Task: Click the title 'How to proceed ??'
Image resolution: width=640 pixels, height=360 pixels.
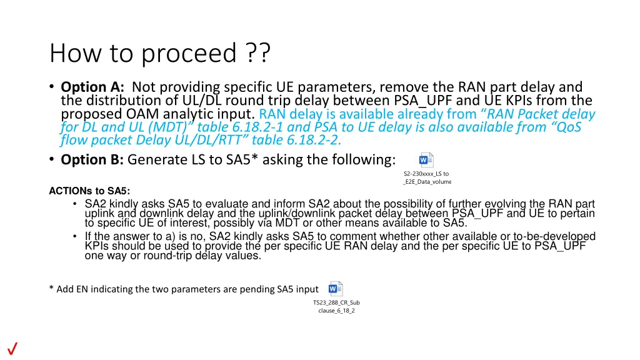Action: pos(160,54)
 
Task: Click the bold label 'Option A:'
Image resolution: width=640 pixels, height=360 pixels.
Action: pos(93,87)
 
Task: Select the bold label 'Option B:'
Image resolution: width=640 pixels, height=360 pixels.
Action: pos(92,160)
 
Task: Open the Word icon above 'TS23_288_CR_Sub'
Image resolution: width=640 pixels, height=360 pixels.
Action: pos(336,289)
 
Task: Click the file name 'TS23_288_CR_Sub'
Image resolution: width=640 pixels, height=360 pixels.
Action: pos(336,302)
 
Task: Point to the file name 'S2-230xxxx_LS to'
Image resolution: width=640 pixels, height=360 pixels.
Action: pos(426,173)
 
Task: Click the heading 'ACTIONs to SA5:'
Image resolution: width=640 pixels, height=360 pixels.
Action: pos(89,191)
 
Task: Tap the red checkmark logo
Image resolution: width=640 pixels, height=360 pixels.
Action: pos(11,349)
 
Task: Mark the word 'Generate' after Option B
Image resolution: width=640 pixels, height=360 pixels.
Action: pos(156,160)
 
